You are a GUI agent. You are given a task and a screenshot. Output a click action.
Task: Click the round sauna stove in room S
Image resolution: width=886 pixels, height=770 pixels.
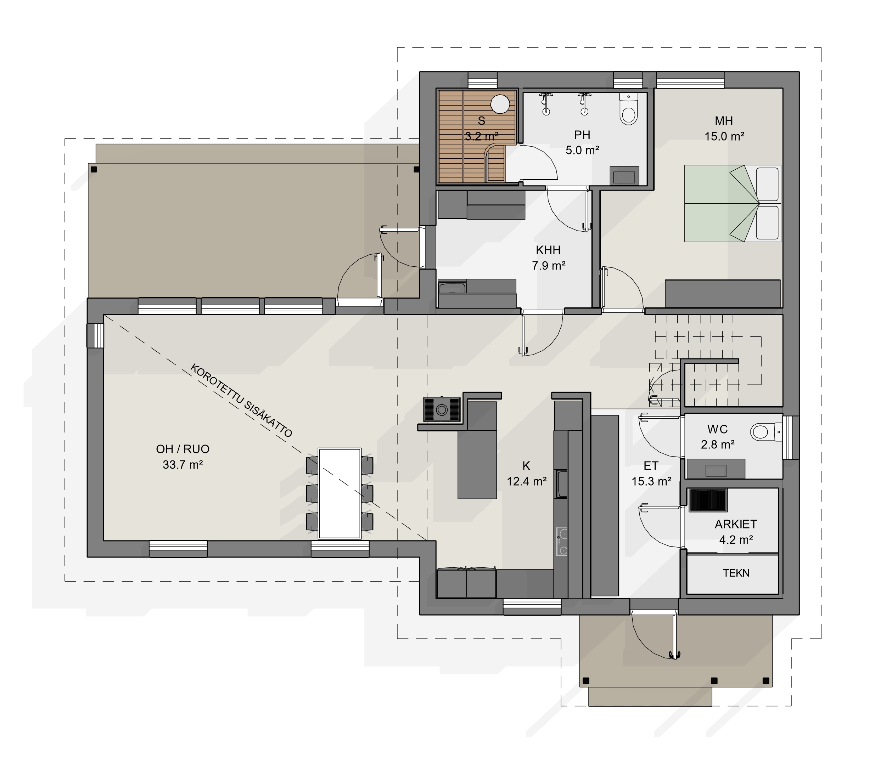click(500, 104)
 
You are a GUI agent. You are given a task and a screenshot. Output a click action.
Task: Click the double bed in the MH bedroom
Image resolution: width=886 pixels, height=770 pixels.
click(733, 203)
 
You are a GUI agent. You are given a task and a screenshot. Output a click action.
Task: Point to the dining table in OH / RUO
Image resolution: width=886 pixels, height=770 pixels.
click(339, 493)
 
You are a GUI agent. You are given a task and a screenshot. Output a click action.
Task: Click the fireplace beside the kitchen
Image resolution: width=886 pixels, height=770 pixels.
click(442, 409)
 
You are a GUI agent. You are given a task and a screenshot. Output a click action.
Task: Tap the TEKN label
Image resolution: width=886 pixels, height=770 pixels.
click(736, 573)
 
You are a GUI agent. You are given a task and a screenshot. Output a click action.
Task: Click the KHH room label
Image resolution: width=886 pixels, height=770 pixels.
click(548, 250)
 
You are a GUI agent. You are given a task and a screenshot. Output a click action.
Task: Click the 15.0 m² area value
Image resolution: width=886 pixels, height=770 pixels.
click(724, 136)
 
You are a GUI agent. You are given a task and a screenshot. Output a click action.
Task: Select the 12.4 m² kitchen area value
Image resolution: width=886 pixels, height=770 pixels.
click(527, 481)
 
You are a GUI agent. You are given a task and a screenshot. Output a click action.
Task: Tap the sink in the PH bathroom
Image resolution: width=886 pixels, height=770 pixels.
click(624, 177)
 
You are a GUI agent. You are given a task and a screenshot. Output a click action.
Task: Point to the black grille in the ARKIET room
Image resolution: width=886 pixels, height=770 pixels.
click(708, 500)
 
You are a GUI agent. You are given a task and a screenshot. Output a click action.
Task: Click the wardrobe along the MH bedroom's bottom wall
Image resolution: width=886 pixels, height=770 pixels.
click(723, 294)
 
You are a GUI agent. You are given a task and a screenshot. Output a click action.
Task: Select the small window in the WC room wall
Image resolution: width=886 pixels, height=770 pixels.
click(791, 438)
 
